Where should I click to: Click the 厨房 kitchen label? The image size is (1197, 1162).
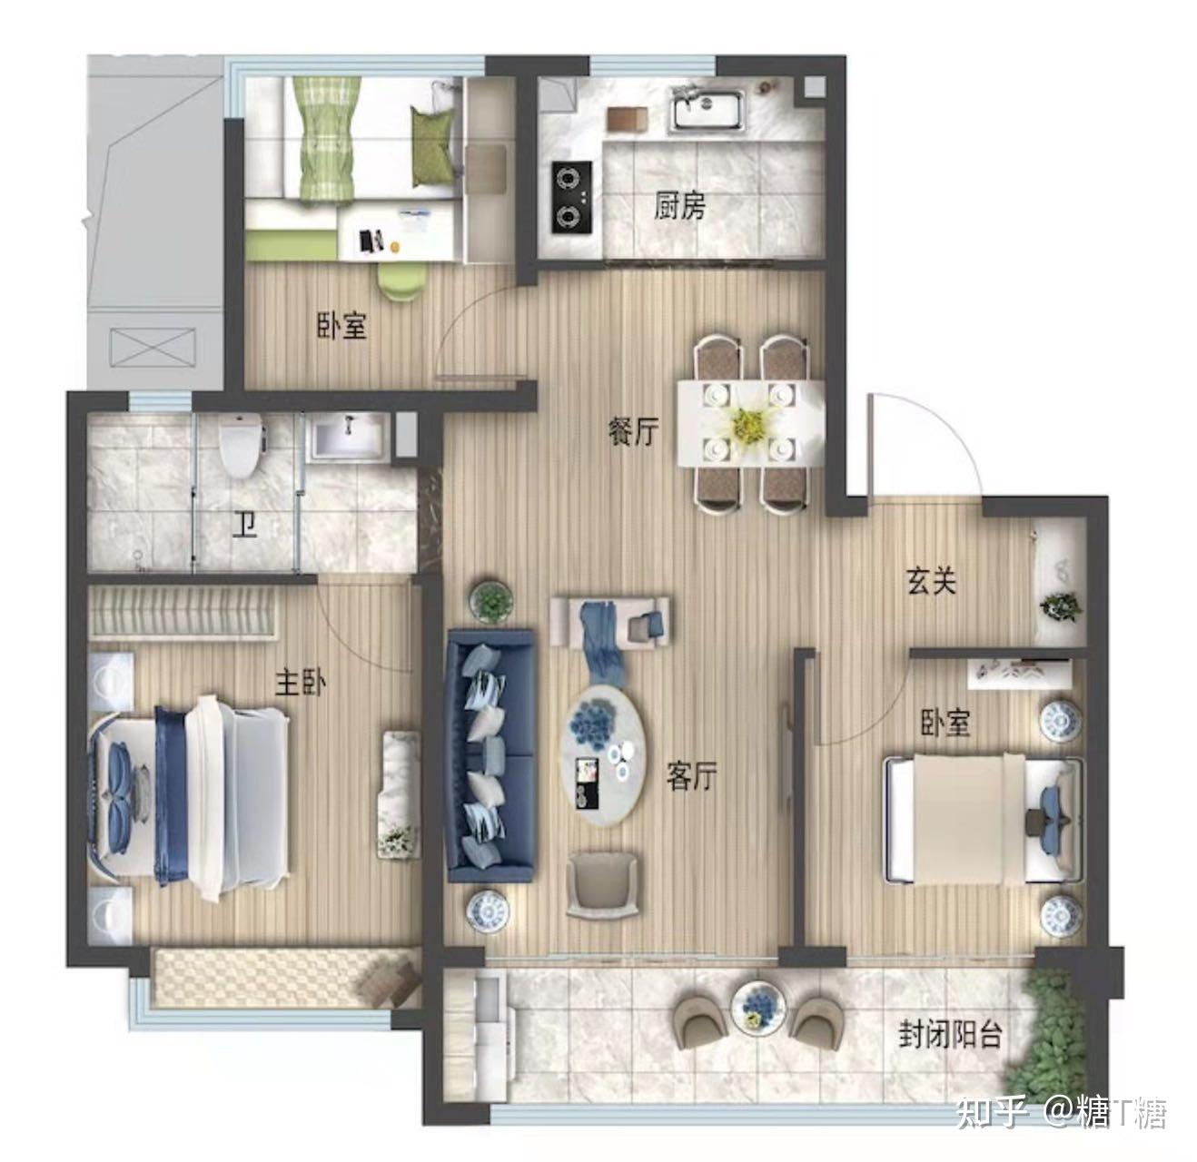coord(678,207)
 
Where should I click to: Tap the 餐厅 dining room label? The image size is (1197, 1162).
coord(633,431)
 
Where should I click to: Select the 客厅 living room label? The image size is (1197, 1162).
coord(692,776)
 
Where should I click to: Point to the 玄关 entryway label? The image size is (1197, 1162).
coord(932,580)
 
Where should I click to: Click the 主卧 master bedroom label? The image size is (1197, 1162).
coord(301,683)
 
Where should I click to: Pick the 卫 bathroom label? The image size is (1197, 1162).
coord(245,527)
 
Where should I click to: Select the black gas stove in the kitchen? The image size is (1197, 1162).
coord(572,197)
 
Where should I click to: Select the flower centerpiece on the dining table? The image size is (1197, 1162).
coord(750,423)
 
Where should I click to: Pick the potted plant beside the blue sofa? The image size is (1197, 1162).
coord(491,602)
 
